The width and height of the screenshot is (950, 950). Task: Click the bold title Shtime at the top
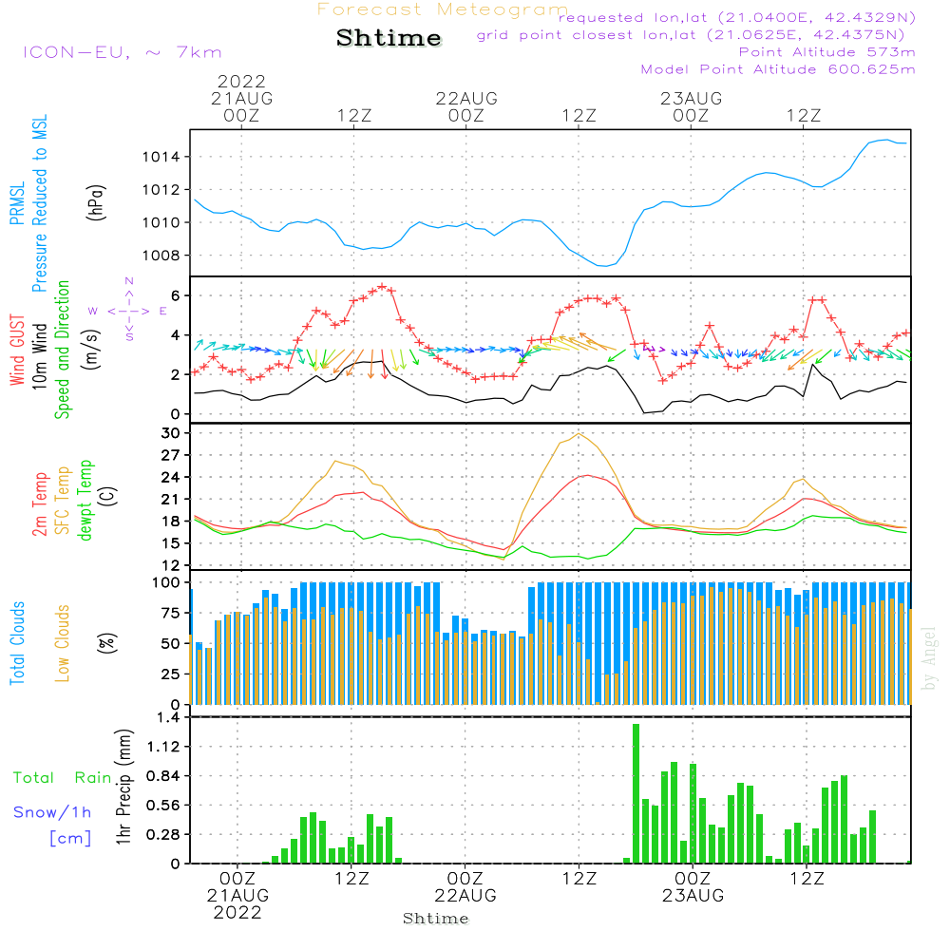point(389,38)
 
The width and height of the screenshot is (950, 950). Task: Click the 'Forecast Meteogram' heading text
point(442,9)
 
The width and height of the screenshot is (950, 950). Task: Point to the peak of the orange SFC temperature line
point(579,433)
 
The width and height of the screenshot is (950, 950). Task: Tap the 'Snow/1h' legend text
point(52,811)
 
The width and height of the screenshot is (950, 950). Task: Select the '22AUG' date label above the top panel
point(466,98)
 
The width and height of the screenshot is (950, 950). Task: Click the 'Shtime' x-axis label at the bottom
point(436,919)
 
